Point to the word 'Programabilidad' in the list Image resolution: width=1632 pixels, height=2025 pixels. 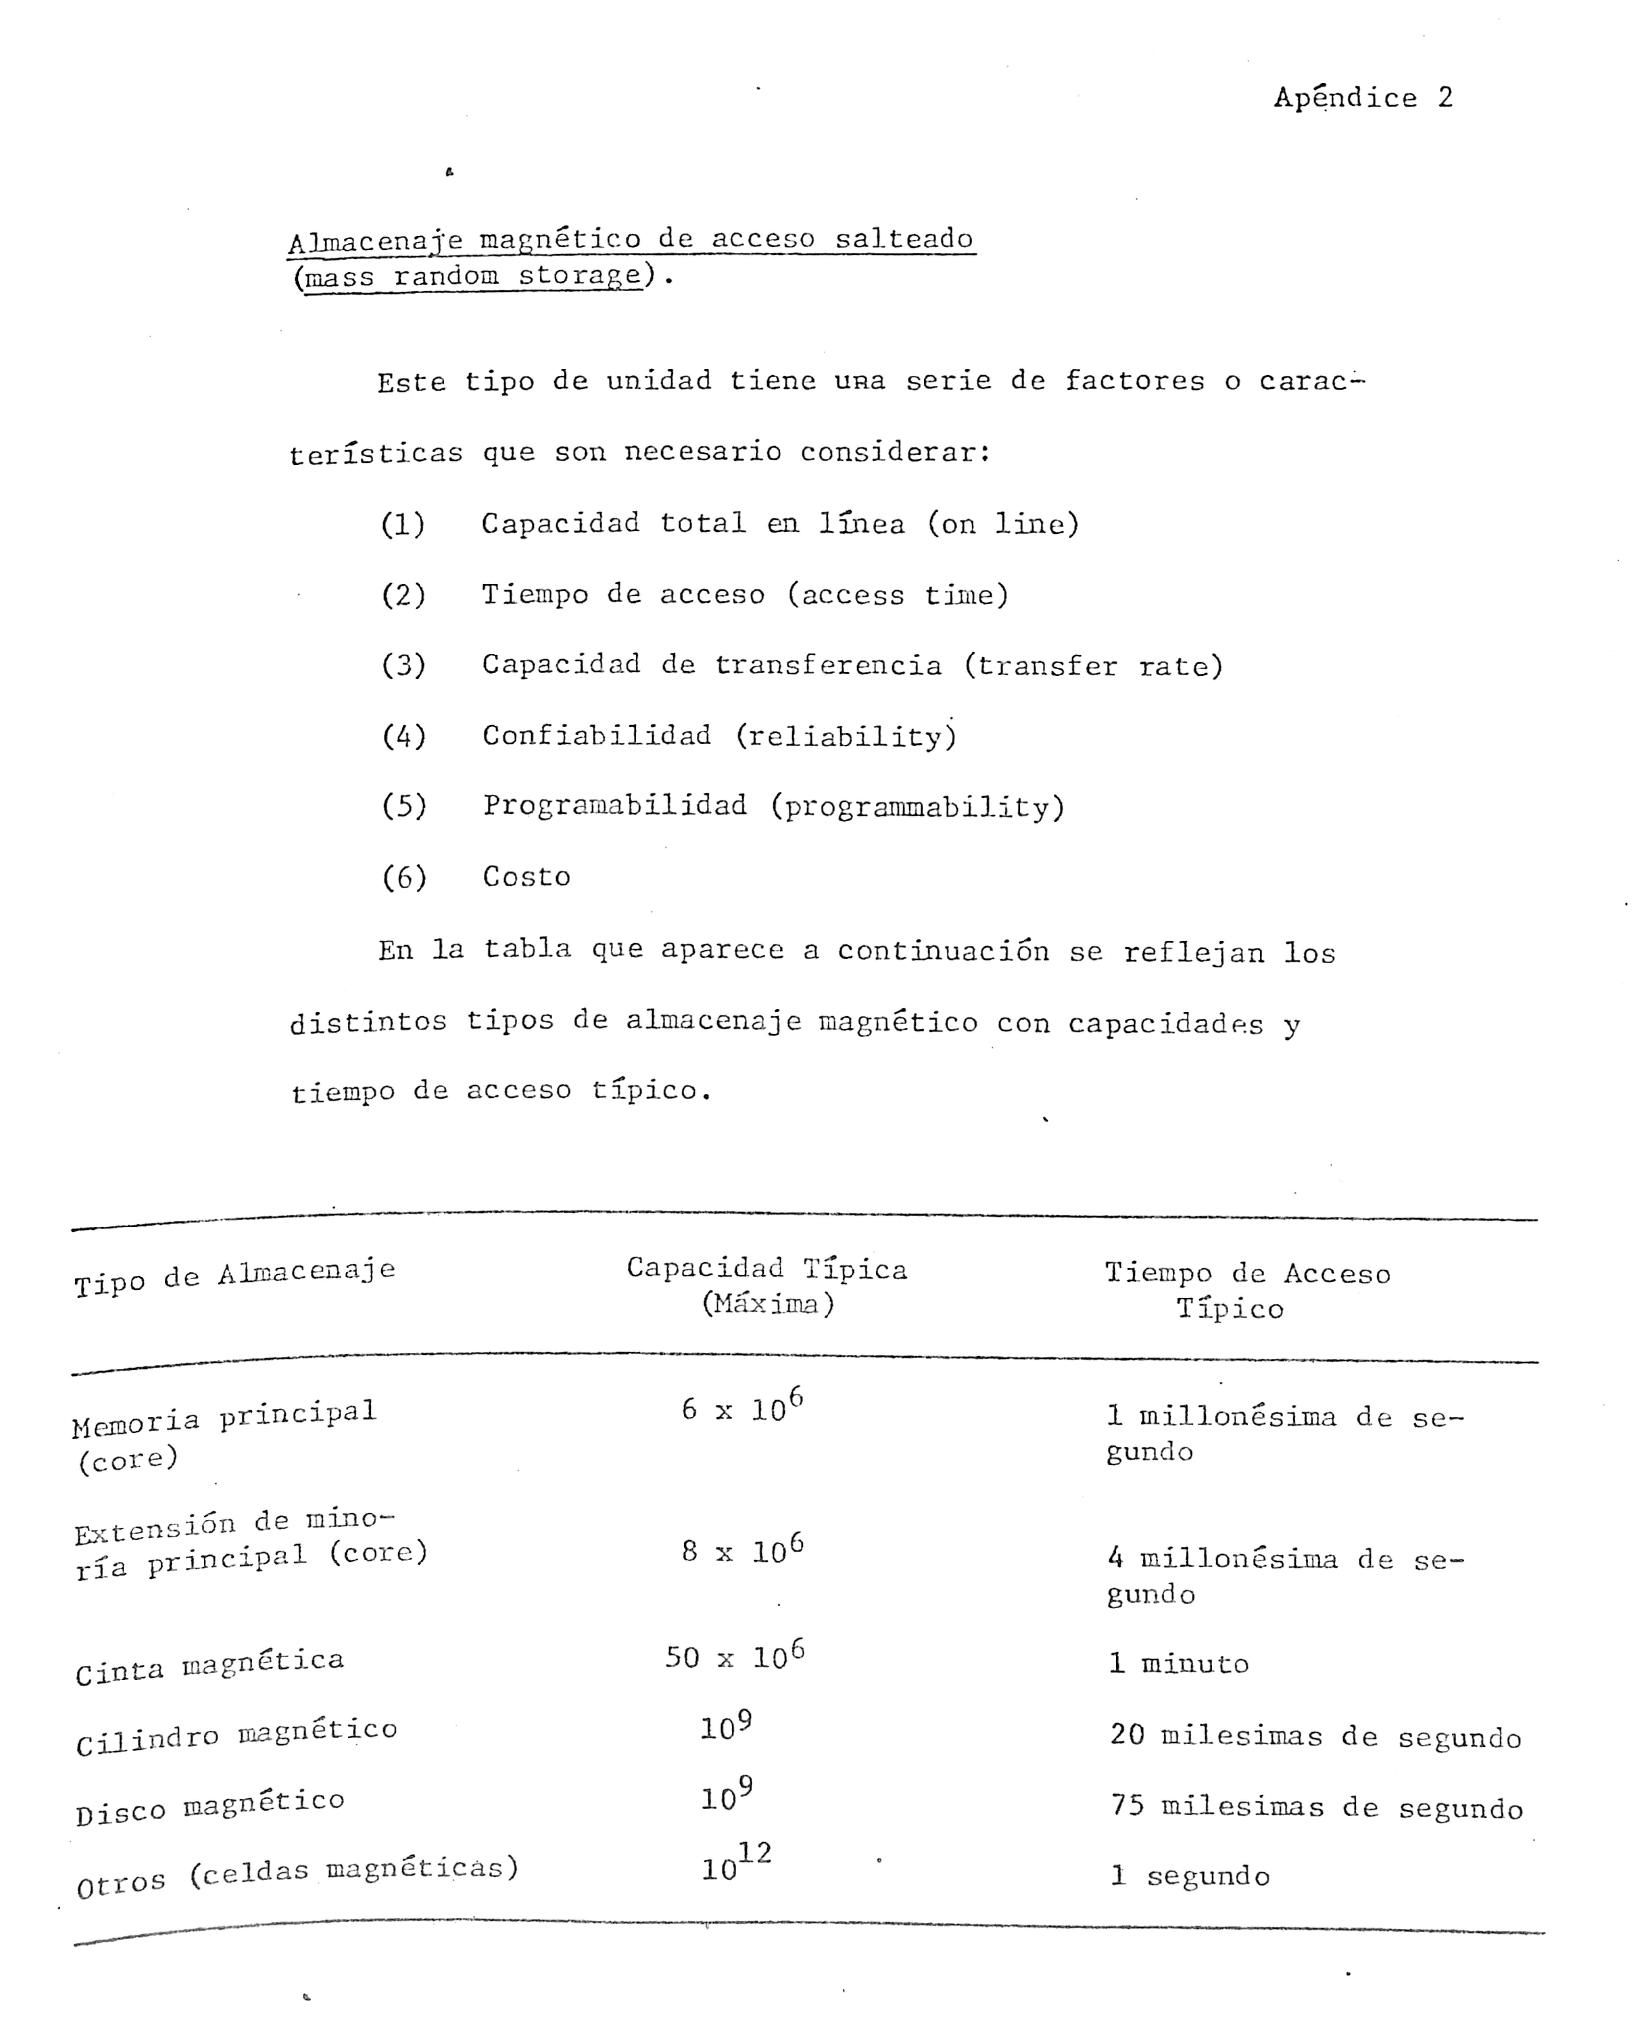[x=615, y=806]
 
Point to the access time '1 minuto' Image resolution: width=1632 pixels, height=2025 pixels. [x=1179, y=1663]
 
